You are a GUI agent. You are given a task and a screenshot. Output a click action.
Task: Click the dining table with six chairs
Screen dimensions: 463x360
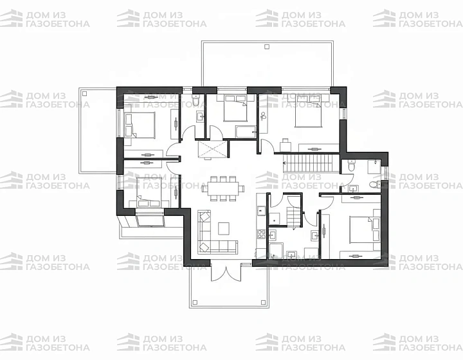pyautogui.click(x=223, y=188)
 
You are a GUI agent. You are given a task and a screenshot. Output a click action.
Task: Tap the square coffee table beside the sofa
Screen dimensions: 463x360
pyautogui.click(x=224, y=228)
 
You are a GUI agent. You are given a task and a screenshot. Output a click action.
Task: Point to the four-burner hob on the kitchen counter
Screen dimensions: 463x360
pyautogui.click(x=261, y=234)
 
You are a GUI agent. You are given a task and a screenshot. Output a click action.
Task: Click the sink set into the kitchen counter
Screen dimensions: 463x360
pyautogui.click(x=261, y=210)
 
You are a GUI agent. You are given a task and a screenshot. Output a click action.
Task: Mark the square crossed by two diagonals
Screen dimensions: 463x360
pyautogui.click(x=212, y=150)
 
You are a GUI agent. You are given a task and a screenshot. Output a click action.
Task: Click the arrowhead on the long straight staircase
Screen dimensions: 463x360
pyautogui.click(x=285, y=163)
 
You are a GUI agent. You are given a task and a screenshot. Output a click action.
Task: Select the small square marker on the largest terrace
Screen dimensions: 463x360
pyautogui.click(x=267, y=46)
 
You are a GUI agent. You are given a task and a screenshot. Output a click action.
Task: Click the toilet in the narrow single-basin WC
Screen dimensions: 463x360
pyautogui.click(x=196, y=101)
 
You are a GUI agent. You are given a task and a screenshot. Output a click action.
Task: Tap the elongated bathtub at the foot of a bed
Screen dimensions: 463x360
pyautogui.click(x=246, y=132)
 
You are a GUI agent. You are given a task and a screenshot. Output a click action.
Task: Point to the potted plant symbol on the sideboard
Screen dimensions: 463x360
pyautogui.click(x=263, y=116)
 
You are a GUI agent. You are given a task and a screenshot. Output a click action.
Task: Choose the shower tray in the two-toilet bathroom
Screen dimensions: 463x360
pyautogui.click(x=374, y=167)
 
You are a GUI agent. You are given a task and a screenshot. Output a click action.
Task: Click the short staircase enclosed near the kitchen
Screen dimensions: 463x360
pyautogui.click(x=293, y=217)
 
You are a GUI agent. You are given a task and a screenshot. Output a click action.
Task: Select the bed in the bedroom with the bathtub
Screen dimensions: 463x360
pyautogui.click(x=235, y=108)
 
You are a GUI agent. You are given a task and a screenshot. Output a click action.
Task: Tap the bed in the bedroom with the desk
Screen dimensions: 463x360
pyautogui.click(x=308, y=111)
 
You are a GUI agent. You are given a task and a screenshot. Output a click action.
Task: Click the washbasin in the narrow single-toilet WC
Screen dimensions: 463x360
pyautogui.click(x=200, y=116)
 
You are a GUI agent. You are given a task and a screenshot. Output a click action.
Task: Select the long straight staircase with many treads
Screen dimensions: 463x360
pyautogui.click(x=311, y=163)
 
